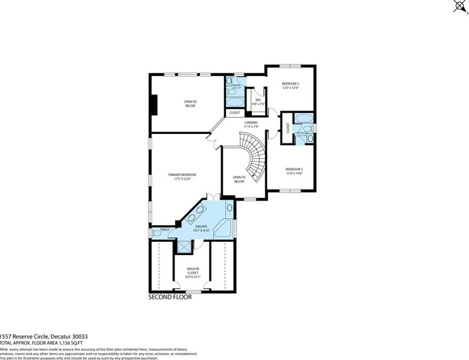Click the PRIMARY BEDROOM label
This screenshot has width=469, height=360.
click(x=182, y=177)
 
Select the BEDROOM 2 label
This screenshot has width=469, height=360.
click(x=294, y=171)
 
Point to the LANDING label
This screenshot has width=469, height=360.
click(x=251, y=124)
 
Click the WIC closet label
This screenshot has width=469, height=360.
click(x=258, y=102)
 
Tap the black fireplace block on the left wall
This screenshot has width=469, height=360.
click(x=154, y=104)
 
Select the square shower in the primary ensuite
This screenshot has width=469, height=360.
click(x=184, y=247)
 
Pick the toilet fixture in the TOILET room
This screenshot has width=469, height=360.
click(x=157, y=234)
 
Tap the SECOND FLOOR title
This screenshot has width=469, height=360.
click(x=170, y=297)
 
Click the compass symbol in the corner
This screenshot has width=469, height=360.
click(x=459, y=6)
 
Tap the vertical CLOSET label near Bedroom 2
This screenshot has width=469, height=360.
click(x=288, y=129)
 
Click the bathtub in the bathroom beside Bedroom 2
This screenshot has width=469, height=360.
click(x=304, y=119)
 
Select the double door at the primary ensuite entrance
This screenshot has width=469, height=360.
click(x=213, y=196)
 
